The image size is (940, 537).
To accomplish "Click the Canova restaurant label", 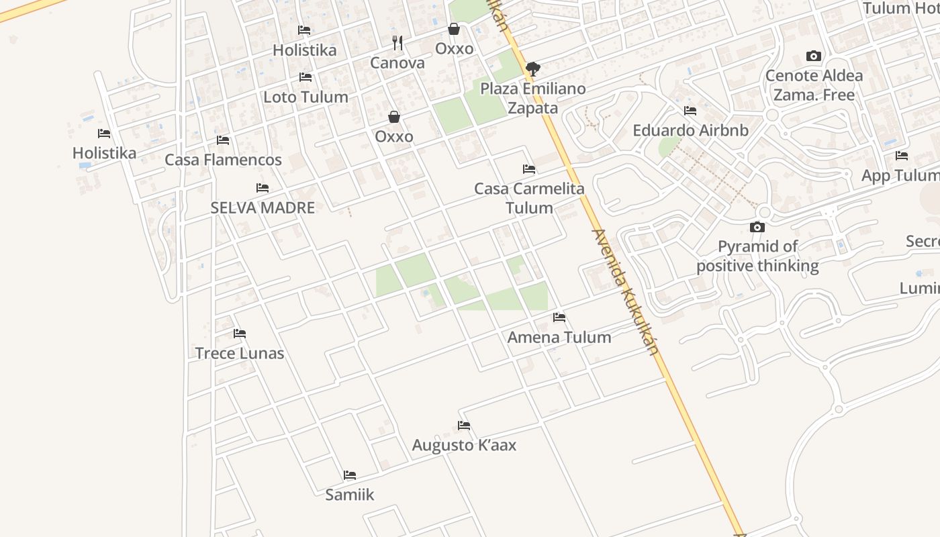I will pyautogui.click(x=397, y=63).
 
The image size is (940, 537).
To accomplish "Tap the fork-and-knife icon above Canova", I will pyautogui.click(x=397, y=43).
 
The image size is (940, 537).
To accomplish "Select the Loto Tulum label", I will pyautogui.click(x=305, y=97).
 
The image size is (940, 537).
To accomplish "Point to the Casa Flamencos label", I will pyautogui.click(x=223, y=160).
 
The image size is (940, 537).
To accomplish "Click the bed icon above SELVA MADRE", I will pyautogui.click(x=263, y=188).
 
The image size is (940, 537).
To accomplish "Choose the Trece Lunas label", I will pyautogui.click(x=240, y=353).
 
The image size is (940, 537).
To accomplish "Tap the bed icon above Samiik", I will pyautogui.click(x=350, y=475).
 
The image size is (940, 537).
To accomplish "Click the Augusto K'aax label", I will pyautogui.click(x=464, y=445).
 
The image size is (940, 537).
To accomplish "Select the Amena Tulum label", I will pyautogui.click(x=559, y=337).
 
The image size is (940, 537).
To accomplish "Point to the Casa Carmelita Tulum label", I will pyautogui.click(x=529, y=198).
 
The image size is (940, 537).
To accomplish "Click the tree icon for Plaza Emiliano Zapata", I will pyautogui.click(x=533, y=68).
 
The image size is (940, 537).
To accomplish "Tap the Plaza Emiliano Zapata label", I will pyautogui.click(x=533, y=98).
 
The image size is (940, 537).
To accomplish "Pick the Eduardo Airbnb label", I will pyautogui.click(x=690, y=130).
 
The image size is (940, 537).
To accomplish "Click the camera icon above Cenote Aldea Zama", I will pyautogui.click(x=814, y=56).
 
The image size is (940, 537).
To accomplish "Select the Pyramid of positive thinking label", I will pyautogui.click(x=757, y=256).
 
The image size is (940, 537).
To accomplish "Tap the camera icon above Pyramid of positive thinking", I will pyautogui.click(x=757, y=227).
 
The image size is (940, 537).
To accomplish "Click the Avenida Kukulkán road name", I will pyautogui.click(x=623, y=293).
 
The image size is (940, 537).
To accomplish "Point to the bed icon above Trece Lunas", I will pyautogui.click(x=240, y=334).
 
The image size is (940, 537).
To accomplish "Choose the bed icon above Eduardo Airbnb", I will pyautogui.click(x=690, y=111).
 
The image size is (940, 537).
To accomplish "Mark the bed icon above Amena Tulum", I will pyautogui.click(x=559, y=318).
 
